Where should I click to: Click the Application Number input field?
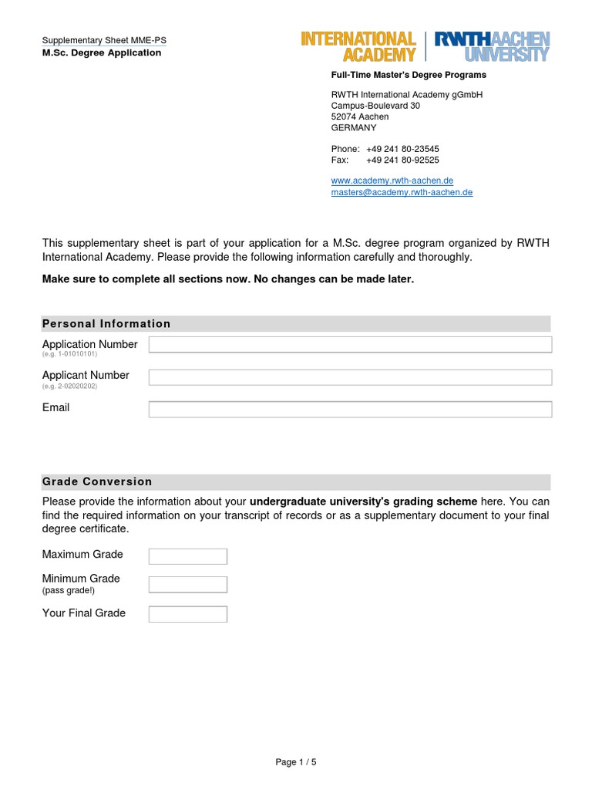350,345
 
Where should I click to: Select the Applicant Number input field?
350,377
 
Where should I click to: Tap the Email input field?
350,410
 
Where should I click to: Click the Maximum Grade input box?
187,556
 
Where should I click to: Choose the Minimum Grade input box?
187,585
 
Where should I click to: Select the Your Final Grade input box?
187,614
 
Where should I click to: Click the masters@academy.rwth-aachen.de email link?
402,192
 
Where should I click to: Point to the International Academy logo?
358,46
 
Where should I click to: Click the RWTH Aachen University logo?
492,46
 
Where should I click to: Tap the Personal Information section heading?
106,323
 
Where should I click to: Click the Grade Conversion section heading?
97,481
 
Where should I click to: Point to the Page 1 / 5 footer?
296,762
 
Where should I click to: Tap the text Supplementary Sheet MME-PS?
104,41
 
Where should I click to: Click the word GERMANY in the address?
354,127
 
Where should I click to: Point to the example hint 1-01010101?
69,354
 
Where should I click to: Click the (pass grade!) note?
69,590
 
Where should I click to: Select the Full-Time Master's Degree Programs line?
409,75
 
